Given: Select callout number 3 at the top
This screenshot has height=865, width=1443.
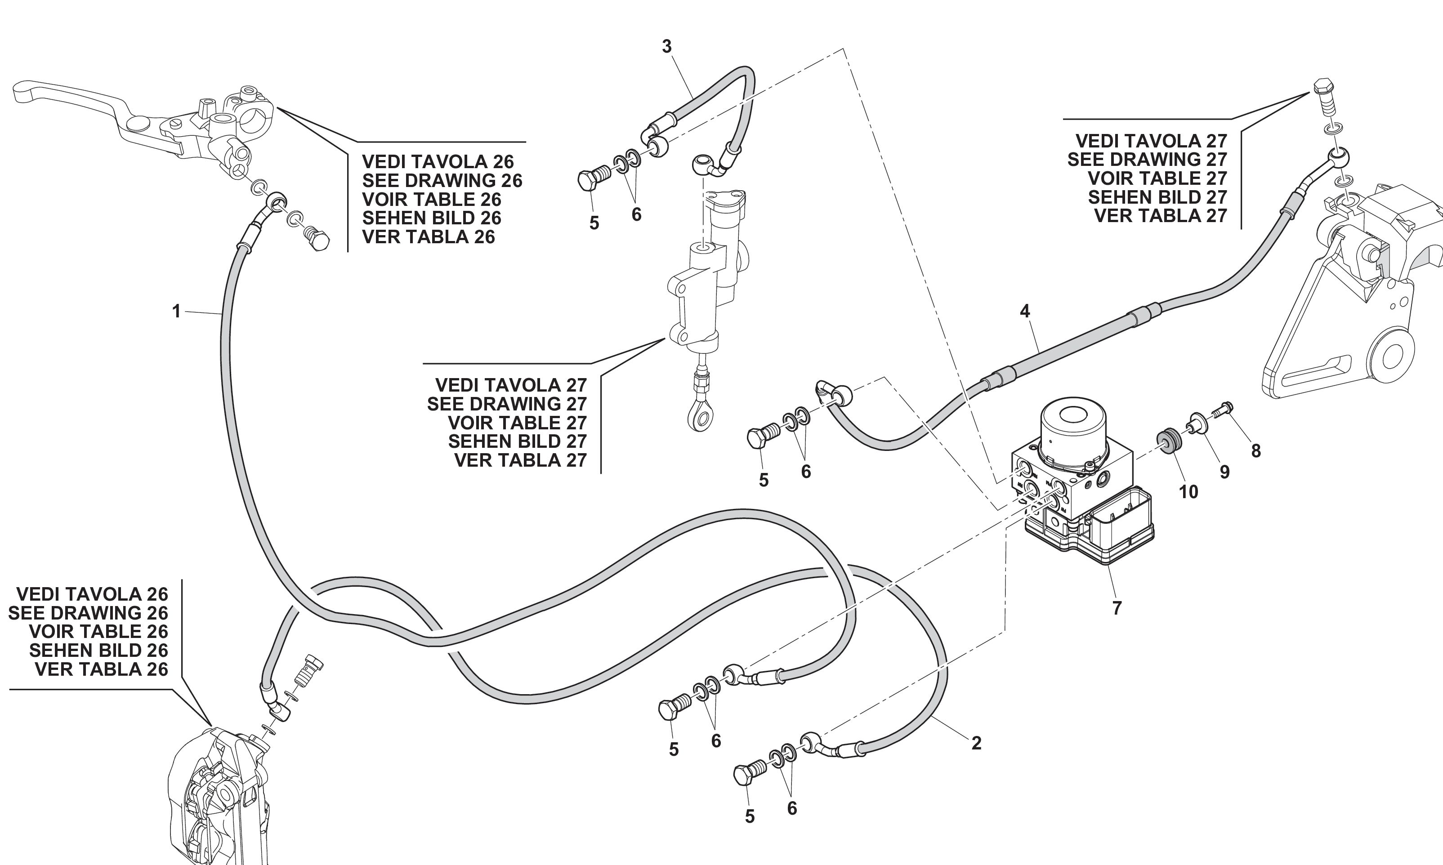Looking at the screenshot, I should [667, 47].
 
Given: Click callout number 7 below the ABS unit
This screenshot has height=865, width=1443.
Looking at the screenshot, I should [1117, 608].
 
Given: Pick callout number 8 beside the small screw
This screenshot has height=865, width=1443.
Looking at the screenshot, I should [1256, 450].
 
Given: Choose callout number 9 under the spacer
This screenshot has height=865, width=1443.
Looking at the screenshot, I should [1224, 472].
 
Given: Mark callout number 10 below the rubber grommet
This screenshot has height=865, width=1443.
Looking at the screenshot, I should [1188, 492].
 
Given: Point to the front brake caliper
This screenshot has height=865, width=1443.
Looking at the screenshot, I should [216, 798].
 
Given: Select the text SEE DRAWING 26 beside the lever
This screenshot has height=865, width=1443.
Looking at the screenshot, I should [442, 181].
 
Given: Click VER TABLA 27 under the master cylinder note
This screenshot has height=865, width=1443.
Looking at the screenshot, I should [520, 460].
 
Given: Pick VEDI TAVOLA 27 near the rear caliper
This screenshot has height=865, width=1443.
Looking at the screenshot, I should [1151, 141].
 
